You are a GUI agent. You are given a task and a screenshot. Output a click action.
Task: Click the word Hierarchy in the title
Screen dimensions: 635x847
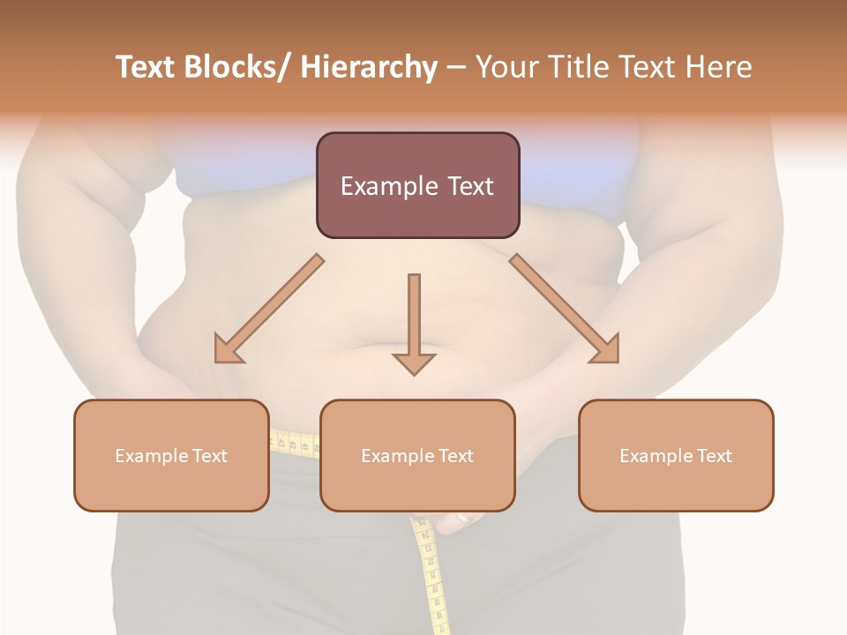click(x=369, y=67)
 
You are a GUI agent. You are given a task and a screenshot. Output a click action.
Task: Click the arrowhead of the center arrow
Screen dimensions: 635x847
click(x=414, y=363)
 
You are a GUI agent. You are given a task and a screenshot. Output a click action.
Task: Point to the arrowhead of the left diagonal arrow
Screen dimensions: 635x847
click(x=227, y=349)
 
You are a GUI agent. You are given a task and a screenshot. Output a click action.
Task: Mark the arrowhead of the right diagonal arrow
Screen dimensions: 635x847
click(x=605, y=349)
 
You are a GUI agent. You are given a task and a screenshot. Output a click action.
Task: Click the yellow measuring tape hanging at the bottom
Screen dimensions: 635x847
click(x=431, y=573)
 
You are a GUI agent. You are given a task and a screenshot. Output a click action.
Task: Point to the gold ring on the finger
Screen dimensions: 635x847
click(x=462, y=518)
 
